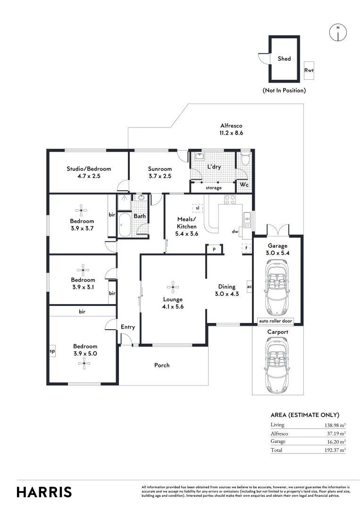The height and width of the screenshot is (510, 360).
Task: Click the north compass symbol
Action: (x=337, y=32)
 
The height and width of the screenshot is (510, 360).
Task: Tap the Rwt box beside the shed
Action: (x=309, y=71)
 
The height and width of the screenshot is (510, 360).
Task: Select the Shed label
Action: (x=284, y=59)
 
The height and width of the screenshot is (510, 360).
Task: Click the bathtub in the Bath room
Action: (x=125, y=225)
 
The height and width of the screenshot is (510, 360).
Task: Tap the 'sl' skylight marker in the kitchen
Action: (x=197, y=208)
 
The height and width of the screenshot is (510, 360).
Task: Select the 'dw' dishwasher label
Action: (x=234, y=231)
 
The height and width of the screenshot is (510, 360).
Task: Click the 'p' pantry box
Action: (x=214, y=249)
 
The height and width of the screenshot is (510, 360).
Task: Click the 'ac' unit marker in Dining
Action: (x=249, y=286)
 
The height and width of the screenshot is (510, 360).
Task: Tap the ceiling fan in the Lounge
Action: (x=173, y=286)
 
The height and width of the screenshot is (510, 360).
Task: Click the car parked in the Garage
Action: (x=276, y=289)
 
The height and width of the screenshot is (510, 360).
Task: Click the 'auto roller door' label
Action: (x=276, y=321)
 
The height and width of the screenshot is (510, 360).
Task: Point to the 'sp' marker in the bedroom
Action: (x=52, y=352)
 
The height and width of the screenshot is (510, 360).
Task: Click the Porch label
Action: (x=162, y=365)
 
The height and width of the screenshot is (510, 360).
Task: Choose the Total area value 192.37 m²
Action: (x=335, y=450)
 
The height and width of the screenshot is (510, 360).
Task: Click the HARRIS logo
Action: (x=44, y=492)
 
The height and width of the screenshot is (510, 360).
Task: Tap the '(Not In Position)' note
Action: (x=284, y=90)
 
